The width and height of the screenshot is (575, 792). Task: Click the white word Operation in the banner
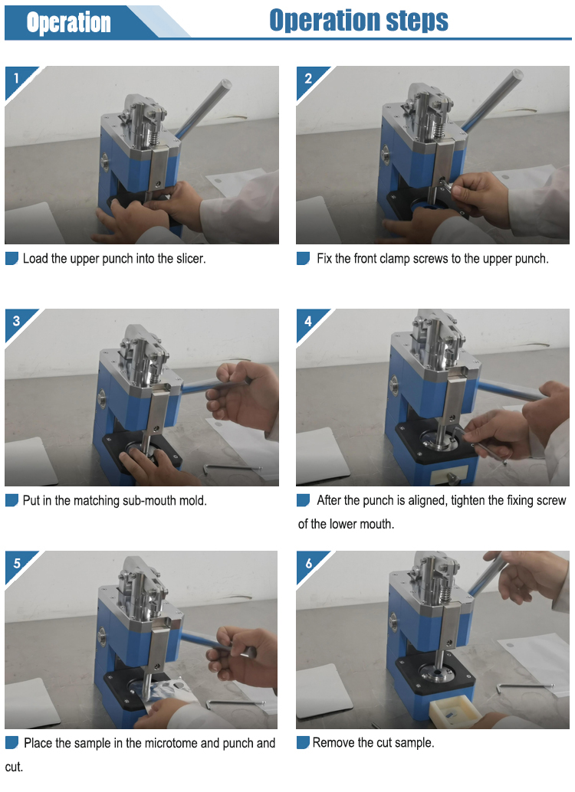[68, 23]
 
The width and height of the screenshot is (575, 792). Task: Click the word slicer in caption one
[191, 259]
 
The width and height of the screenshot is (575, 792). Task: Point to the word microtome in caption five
[172, 743]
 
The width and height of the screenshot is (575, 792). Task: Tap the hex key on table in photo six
[524, 687]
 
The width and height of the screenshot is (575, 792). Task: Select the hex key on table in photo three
[231, 469]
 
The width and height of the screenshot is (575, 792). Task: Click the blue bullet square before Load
[11, 259]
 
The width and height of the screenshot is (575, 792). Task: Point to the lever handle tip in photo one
[225, 83]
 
